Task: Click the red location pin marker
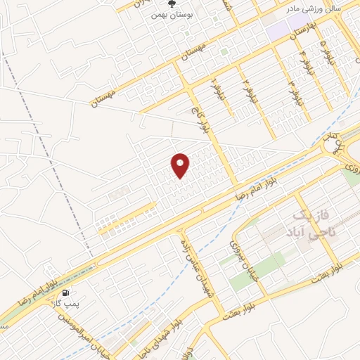pyautogui.click(x=181, y=166)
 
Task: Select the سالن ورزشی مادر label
pyautogui.click(x=312, y=10)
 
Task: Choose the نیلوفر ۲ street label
pyautogui.click(x=246, y=89)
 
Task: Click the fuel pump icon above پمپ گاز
pyautogui.click(x=65, y=292)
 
